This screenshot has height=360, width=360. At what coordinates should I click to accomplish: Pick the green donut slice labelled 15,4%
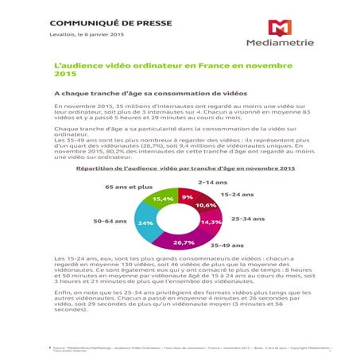pos(163,199)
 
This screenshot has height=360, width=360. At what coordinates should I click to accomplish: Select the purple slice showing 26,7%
pos(184,242)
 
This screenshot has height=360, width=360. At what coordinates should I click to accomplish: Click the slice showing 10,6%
pos(206,205)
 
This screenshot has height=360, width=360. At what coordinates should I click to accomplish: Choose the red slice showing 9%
pos(188,196)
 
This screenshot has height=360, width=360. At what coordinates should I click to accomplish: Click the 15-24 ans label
pos(238,193)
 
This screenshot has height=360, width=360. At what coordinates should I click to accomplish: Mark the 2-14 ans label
pos(213,182)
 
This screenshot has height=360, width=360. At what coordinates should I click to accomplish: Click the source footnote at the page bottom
pos(184,349)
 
